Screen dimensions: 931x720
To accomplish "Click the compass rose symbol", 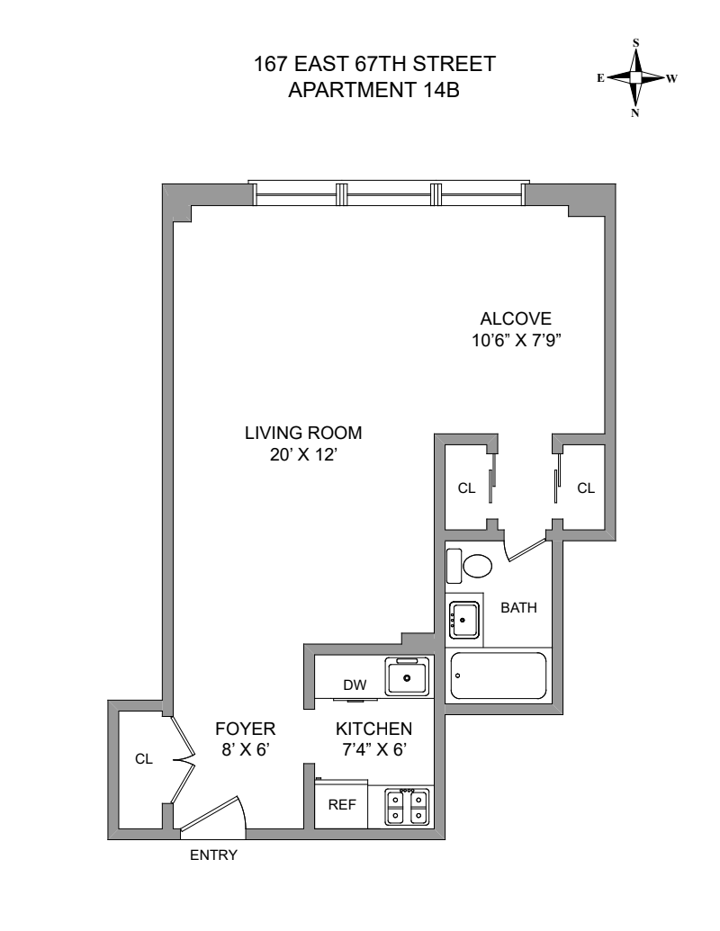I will [x=635, y=78].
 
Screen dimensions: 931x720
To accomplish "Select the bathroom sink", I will [x=464, y=620].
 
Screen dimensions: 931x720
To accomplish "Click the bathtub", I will [x=499, y=676].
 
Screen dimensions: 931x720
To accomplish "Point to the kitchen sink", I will [x=407, y=676].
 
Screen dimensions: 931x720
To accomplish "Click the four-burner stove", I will [x=406, y=808].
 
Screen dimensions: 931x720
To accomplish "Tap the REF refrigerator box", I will [x=342, y=806].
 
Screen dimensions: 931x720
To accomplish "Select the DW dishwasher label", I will [x=354, y=685].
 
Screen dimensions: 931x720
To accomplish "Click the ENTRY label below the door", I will [x=213, y=855].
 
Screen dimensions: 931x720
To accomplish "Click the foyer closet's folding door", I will [x=184, y=760].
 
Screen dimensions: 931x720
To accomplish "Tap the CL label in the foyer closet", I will [x=144, y=759].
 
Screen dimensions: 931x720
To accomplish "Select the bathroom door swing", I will [x=526, y=546].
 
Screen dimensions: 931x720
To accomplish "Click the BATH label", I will [x=518, y=607].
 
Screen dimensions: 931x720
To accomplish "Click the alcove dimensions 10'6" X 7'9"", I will [x=515, y=340].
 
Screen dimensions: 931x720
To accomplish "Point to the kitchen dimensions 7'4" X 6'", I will [x=373, y=748].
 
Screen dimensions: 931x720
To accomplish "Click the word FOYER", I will [x=245, y=729].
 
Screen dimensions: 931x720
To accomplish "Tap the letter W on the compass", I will [x=671, y=78].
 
